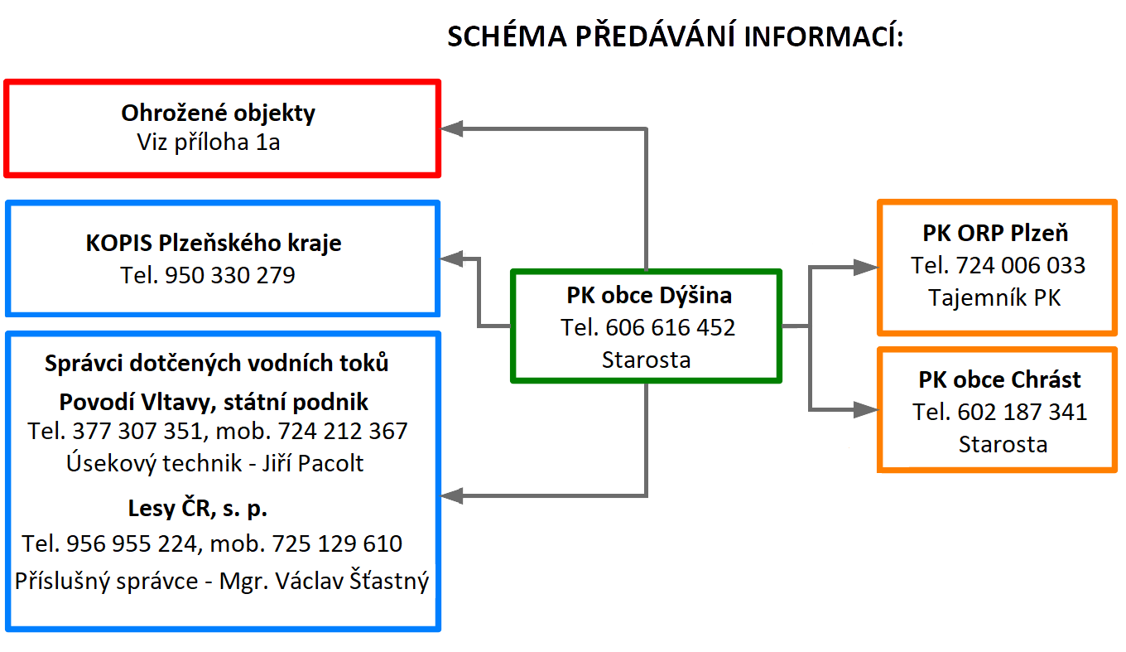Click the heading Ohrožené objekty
pyautogui.click(x=219, y=113)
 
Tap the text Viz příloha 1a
pyautogui.click(x=208, y=142)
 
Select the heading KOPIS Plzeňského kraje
pyautogui.click(x=214, y=243)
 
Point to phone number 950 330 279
pyautogui.click(x=229, y=275)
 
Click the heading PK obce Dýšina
pyautogui.click(x=649, y=295)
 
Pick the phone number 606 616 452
pyautogui.click(x=670, y=327)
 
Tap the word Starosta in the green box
pyautogui.click(x=646, y=360)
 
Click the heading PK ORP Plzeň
pyautogui.click(x=995, y=233)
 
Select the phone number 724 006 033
pyautogui.click(x=1020, y=265)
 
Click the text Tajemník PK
pyautogui.click(x=994, y=297)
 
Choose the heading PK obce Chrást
pyautogui.click(x=999, y=379)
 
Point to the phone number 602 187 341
pyautogui.click(x=1022, y=412)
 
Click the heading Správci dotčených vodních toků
pyautogui.click(x=217, y=363)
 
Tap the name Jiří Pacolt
pyautogui.click(x=313, y=463)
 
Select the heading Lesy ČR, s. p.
pyautogui.click(x=198, y=508)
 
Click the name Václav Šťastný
pyautogui.click(x=352, y=580)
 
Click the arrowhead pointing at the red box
pyautogui.click(x=452, y=128)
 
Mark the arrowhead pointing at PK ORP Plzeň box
pyautogui.click(x=866, y=267)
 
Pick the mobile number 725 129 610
pyautogui.click(x=337, y=543)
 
